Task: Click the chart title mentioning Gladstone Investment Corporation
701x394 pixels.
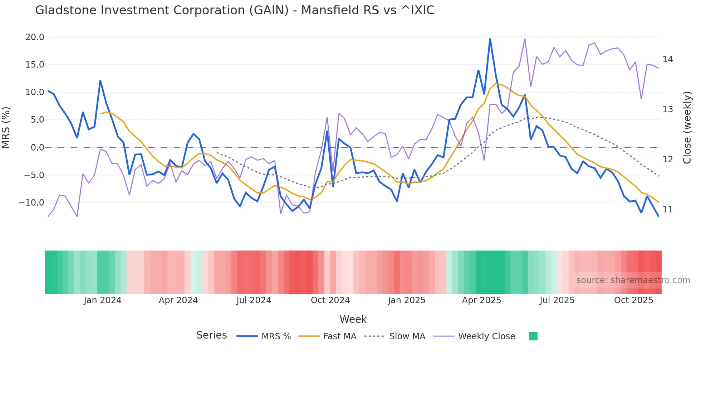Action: (235, 10)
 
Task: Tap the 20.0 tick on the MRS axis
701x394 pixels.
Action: (35, 37)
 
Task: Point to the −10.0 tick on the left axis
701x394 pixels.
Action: (31, 203)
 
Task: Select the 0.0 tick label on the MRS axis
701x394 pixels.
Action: (37, 148)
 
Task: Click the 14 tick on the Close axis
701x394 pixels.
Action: (667, 59)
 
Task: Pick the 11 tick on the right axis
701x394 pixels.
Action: (667, 210)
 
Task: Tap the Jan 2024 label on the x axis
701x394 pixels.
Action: (103, 300)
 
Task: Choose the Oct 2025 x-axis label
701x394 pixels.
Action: (633, 300)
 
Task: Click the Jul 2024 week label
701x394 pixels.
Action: (254, 300)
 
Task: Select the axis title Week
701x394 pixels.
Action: (353, 319)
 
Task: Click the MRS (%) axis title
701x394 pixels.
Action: (6, 128)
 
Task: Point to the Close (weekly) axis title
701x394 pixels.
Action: (687, 128)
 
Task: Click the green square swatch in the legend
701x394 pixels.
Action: (533, 336)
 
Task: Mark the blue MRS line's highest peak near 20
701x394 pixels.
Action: (490, 39)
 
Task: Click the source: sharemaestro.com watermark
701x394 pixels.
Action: (633, 280)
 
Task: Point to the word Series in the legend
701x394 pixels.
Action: (211, 335)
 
